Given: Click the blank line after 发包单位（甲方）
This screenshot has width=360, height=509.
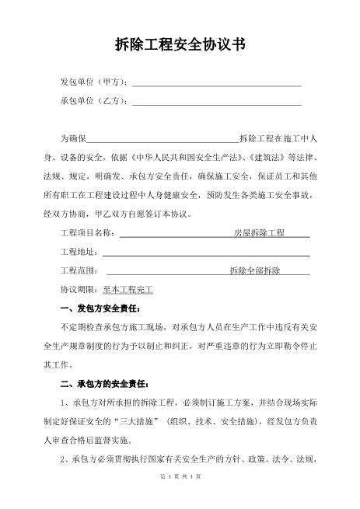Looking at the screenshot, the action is [217, 84].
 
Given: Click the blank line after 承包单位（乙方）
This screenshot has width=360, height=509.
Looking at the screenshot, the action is [217, 103].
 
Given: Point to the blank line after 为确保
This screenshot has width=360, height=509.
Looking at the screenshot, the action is [162, 140].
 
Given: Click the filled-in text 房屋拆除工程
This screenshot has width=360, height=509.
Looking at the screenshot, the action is [260, 232].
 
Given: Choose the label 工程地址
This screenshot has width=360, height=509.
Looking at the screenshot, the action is [79, 251].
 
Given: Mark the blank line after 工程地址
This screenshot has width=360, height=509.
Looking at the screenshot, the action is [206, 253].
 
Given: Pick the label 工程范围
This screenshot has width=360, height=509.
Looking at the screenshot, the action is [79, 270].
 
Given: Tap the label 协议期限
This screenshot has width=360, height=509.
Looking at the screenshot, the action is [79, 288].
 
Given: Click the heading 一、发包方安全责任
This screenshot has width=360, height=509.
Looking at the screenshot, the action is [100, 308].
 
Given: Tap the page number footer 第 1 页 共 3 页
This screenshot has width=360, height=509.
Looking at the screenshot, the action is [180, 497].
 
